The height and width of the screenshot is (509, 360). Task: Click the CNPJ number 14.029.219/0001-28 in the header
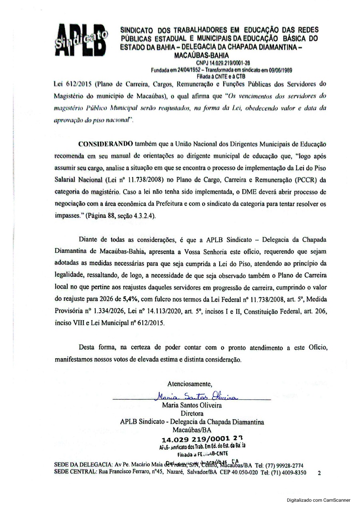pos(223,63)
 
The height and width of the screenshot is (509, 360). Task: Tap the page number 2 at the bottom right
pos(319,473)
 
